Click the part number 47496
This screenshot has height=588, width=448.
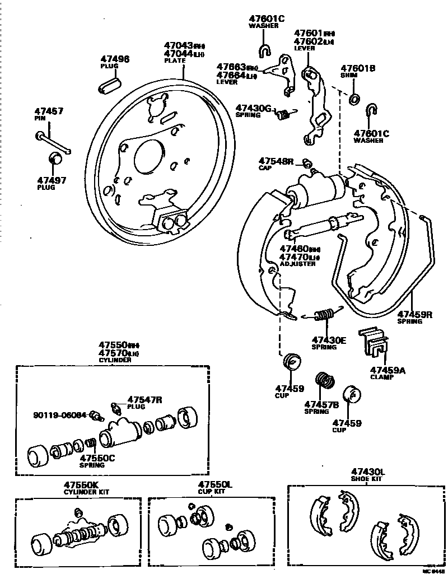click(x=115, y=59)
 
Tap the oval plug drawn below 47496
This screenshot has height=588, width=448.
click(x=110, y=86)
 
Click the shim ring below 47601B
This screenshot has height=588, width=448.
click(x=354, y=100)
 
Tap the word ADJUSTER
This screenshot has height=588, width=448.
click(x=298, y=264)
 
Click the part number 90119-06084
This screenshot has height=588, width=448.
click(x=60, y=415)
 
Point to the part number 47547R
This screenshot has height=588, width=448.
click(x=144, y=399)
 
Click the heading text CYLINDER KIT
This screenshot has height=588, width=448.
click(x=86, y=492)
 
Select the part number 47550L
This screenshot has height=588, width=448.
click(x=214, y=484)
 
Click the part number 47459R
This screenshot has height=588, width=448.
click(x=414, y=314)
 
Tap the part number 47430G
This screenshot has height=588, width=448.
click(x=253, y=108)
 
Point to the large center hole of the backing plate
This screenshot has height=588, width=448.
click(x=149, y=152)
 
